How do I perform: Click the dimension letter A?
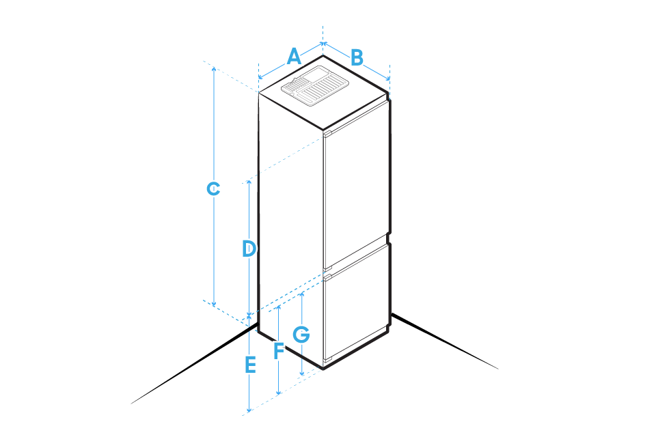(x=294, y=57)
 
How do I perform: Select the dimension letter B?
(x=357, y=58)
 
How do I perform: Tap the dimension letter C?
(x=214, y=188)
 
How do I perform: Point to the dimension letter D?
(x=249, y=249)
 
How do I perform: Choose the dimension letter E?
(x=250, y=365)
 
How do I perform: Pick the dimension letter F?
(x=278, y=351)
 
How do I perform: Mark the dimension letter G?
(x=301, y=335)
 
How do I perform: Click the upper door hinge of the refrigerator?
(x=327, y=134)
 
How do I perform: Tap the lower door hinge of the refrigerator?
(x=328, y=277)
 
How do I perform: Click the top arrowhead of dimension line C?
(x=214, y=69)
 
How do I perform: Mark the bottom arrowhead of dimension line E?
(x=249, y=410)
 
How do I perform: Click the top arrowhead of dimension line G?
(x=301, y=294)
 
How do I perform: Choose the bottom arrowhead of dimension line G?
(x=301, y=373)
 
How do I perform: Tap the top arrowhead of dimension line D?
(x=249, y=183)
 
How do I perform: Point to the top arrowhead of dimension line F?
(x=278, y=309)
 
